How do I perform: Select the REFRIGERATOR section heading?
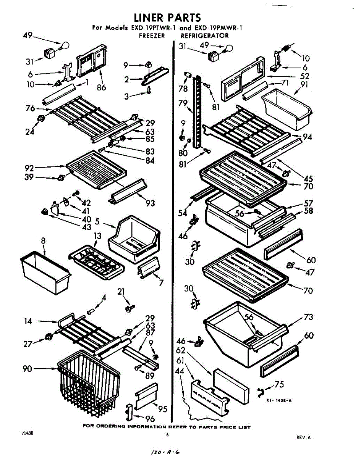[205, 36]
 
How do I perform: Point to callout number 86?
[101, 87]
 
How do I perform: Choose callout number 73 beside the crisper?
[308, 317]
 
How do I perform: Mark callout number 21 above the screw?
[121, 292]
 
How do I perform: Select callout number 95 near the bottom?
[163, 410]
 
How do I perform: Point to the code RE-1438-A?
[279, 400]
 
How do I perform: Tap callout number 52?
[304, 76]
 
